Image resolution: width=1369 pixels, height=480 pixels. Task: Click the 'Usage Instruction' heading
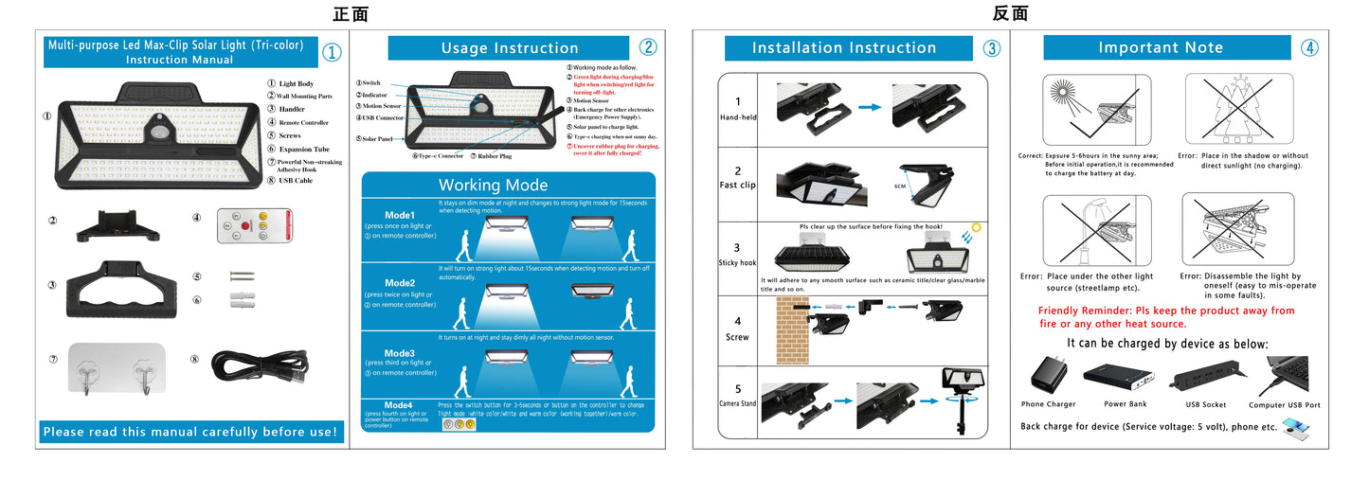coord(510,48)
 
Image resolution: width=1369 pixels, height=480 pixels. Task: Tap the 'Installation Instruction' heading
coord(844,48)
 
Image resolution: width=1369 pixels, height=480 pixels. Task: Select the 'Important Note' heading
coord(1161,48)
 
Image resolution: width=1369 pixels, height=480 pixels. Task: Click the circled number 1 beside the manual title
coord(332,53)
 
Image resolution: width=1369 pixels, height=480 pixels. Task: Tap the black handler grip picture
coord(122,288)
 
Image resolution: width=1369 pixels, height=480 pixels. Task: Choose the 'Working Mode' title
coord(493,185)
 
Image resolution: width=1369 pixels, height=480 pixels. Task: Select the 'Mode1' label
coord(400,215)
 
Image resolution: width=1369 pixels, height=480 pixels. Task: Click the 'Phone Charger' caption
coord(1047,404)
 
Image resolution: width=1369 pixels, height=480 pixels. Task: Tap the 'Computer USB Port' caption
coord(1284,405)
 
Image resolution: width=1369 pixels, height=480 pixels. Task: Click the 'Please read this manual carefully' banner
coord(190,432)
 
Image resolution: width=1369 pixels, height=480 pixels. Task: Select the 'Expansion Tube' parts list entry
coord(303,149)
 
